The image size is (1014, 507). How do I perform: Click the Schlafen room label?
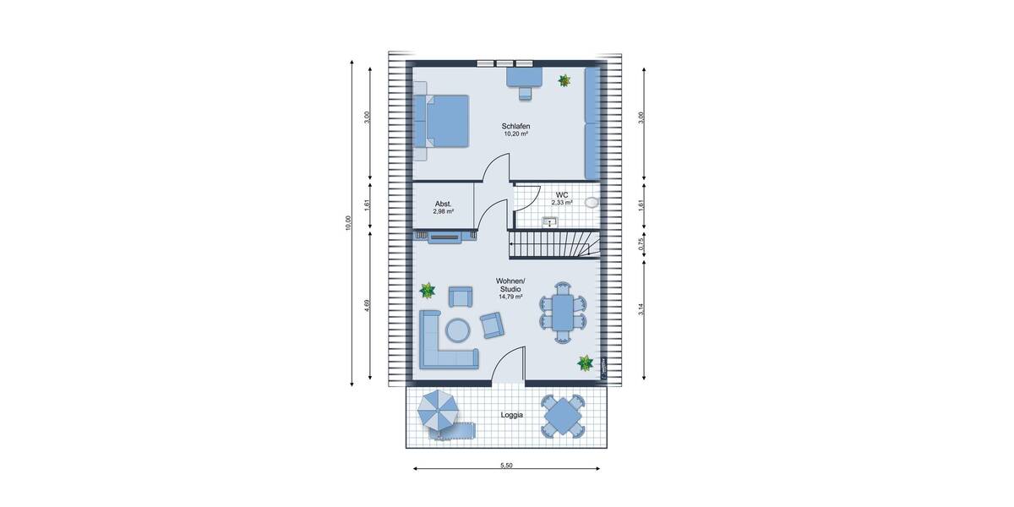tap(515, 126)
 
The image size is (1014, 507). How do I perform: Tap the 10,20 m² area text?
tap(515, 134)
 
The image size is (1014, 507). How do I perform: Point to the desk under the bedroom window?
tap(524, 79)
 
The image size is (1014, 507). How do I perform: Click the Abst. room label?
tap(444, 204)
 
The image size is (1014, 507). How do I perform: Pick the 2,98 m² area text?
tap(444, 212)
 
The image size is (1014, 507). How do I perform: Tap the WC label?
tap(562, 194)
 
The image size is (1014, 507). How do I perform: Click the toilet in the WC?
tap(591, 203)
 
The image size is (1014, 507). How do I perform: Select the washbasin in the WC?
tap(550, 221)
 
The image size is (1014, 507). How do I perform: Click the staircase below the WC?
tap(553, 246)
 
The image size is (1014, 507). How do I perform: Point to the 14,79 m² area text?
tap(510, 297)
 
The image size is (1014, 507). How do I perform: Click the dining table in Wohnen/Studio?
tap(562, 313)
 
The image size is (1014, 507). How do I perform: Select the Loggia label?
tap(511, 415)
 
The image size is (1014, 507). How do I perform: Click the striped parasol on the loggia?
tap(437, 411)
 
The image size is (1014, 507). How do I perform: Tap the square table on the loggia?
tap(563, 416)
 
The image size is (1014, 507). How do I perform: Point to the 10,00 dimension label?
tap(347, 222)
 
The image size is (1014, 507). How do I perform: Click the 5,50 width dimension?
tap(507, 466)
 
